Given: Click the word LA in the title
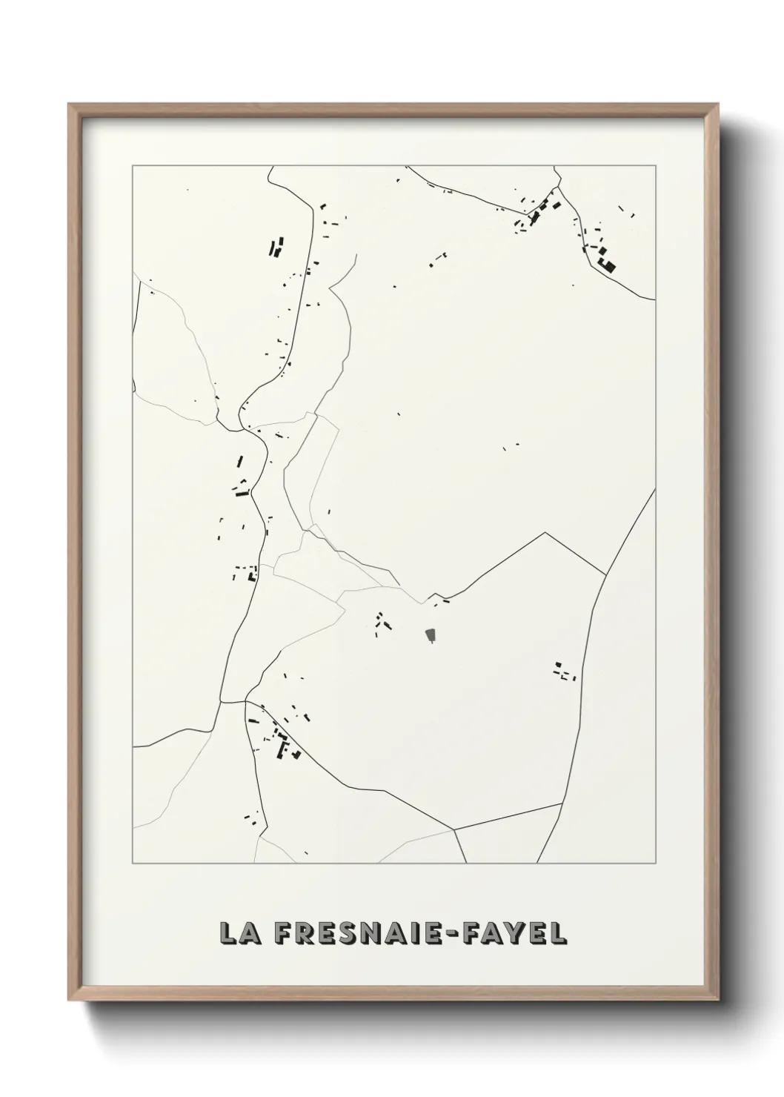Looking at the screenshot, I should click(x=236, y=932).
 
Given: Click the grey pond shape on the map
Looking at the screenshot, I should click(x=430, y=635).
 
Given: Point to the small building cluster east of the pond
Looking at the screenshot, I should click(x=566, y=672).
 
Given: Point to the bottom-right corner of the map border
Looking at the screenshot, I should click(x=655, y=863).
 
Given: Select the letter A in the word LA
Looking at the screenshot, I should click(x=247, y=932).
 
